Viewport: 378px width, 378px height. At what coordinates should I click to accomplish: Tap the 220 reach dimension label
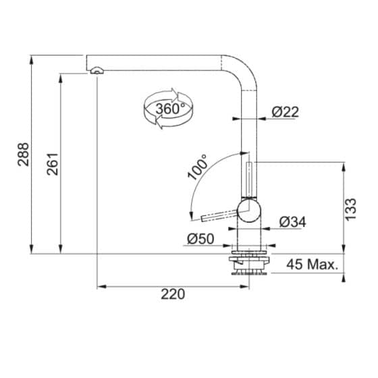pos(173,294)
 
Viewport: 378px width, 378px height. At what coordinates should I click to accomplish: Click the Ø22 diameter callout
pos(285,113)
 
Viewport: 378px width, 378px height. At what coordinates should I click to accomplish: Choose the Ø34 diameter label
pos(292,221)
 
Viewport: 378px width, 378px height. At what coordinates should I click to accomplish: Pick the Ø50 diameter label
pos(201,238)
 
